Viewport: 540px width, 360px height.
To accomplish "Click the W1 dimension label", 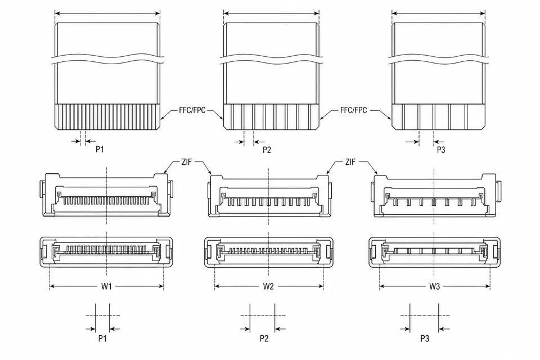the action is (x=106, y=286).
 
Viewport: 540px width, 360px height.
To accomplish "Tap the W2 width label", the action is (x=268, y=286).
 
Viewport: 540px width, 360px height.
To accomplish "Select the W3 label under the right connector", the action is (x=435, y=286).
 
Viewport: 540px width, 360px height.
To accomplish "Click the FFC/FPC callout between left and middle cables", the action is (x=192, y=110).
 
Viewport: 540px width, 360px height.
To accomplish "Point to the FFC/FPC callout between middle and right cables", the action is (x=354, y=110).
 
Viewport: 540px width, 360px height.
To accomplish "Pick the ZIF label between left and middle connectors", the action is (x=187, y=162).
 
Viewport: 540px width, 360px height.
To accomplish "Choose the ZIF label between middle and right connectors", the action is (x=350, y=162).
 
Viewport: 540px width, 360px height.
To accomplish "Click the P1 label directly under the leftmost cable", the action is (x=100, y=149).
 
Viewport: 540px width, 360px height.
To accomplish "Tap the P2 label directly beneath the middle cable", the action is (x=267, y=150).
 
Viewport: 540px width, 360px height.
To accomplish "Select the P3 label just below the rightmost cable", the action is (x=441, y=150).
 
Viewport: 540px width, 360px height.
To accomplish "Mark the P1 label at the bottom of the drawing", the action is (x=102, y=339).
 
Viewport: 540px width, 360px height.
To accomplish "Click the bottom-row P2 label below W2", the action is (x=264, y=339).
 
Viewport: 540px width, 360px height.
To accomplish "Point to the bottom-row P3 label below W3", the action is (x=425, y=339).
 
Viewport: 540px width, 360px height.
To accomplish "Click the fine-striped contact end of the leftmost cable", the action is (x=107, y=117).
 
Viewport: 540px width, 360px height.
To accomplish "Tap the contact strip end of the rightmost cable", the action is (x=438, y=117).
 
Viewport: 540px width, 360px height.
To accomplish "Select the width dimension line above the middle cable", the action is (x=271, y=13).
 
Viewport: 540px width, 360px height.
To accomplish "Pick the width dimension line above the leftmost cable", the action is (x=107, y=13).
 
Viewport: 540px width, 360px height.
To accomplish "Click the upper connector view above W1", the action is (x=107, y=195).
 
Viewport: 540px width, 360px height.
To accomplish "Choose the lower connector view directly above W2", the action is (x=269, y=252).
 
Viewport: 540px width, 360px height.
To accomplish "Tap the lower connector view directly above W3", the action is (x=435, y=252).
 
